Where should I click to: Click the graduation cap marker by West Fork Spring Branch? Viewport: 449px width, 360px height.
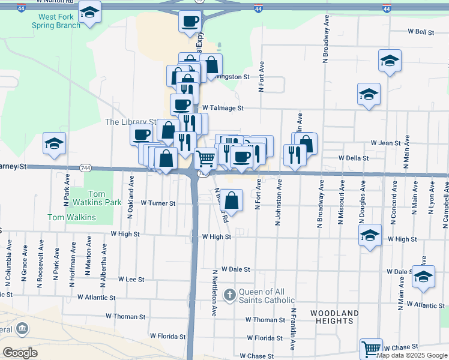tap(89, 12)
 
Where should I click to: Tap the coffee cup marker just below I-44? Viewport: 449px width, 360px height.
tap(190, 22)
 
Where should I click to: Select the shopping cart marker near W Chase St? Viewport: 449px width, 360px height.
tap(371, 348)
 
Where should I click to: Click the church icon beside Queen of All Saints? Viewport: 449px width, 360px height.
tap(229, 295)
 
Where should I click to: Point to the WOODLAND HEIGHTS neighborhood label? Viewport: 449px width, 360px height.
tap(334, 317)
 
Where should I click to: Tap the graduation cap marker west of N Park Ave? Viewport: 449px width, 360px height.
tap(55, 144)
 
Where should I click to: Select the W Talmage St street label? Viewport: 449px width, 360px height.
tap(223, 108)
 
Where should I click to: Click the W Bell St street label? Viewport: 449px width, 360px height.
tap(421, 31)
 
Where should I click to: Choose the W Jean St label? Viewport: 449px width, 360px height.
tap(385, 143)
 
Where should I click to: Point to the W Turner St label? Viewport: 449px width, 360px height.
tap(158, 203)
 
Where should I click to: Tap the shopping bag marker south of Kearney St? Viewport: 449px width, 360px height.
tap(233, 200)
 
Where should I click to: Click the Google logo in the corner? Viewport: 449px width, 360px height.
tap(20, 353)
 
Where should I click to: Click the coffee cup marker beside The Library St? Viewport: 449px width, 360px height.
tap(142, 134)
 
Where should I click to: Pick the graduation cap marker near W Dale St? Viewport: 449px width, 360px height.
tap(424, 277)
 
